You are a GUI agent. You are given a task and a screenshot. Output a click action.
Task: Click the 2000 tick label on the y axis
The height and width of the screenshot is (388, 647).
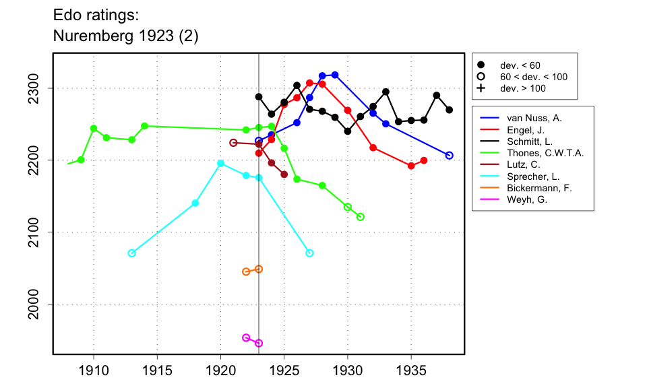click(36, 304)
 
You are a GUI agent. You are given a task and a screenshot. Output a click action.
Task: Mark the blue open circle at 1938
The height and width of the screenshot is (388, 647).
click(450, 156)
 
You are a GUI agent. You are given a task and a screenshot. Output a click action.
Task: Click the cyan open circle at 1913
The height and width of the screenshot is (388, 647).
click(131, 253)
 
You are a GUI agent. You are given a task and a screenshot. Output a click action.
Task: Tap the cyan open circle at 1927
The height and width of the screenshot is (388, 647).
click(309, 253)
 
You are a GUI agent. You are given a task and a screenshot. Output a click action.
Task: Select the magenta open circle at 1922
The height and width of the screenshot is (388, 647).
click(246, 337)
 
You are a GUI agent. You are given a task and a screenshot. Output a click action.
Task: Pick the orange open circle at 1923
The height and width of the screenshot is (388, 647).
click(259, 269)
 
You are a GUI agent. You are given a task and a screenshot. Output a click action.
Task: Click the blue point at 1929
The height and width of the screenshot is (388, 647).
click(335, 75)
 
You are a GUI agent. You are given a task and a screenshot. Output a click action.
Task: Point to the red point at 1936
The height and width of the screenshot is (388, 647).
click(424, 160)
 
